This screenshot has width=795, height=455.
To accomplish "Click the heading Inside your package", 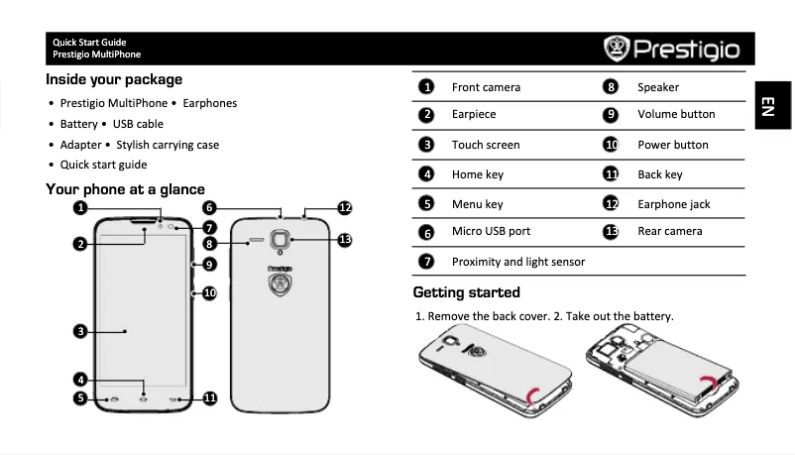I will pos(114,79).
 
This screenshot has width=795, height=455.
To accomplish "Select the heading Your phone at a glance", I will pos(125,189).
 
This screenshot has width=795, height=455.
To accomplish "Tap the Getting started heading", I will pos(466,292).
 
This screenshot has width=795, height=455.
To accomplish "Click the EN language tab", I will pos(767,106).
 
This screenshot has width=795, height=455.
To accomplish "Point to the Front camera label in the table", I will pos(486,87).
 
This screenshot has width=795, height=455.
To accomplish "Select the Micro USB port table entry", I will pos(491,231).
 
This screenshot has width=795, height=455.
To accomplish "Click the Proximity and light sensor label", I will pos(517,262).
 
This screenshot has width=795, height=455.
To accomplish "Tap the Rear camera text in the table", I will pos(669,231).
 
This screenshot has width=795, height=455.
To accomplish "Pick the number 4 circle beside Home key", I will pos(426,174).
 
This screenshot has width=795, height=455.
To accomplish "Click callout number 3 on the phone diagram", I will pos(78,330).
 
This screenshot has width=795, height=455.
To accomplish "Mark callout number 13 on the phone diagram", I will pos(345,239).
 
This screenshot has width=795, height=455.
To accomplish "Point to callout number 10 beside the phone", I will pos(209,292).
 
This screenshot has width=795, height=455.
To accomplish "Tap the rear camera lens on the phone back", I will pos(282,240).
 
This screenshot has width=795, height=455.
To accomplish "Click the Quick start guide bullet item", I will pos(103,165).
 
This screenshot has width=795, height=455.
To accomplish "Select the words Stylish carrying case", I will pos(168,145).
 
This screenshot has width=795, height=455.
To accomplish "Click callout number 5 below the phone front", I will pos(78,398).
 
